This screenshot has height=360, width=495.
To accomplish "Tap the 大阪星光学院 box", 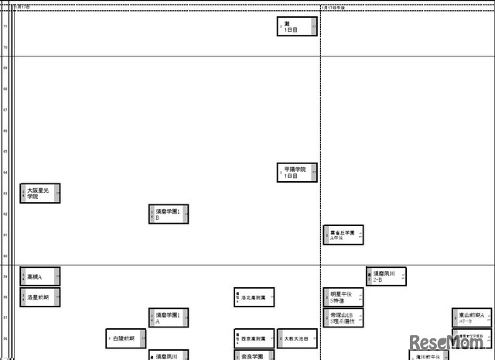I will click(x=40, y=193).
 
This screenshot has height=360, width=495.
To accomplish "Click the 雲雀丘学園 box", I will click(x=343, y=235).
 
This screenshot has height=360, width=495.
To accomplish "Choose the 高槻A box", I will click(x=40, y=276).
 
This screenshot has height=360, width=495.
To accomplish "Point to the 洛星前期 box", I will click(x=40, y=297).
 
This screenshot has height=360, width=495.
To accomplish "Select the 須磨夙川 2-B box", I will click(x=386, y=276).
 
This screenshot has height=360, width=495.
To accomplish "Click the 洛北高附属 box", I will click(x=254, y=297).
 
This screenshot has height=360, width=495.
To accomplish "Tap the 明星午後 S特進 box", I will click(x=343, y=297).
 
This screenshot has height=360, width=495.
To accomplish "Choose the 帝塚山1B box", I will click(x=343, y=317).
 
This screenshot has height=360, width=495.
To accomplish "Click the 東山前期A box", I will click(x=472, y=317).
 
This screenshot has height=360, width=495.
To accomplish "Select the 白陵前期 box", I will click(x=126, y=338).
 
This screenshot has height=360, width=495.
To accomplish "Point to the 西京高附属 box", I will click(x=254, y=338).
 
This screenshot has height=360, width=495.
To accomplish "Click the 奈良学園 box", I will click(x=254, y=356).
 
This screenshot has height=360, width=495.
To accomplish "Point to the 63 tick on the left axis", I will click(x=5, y=193).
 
